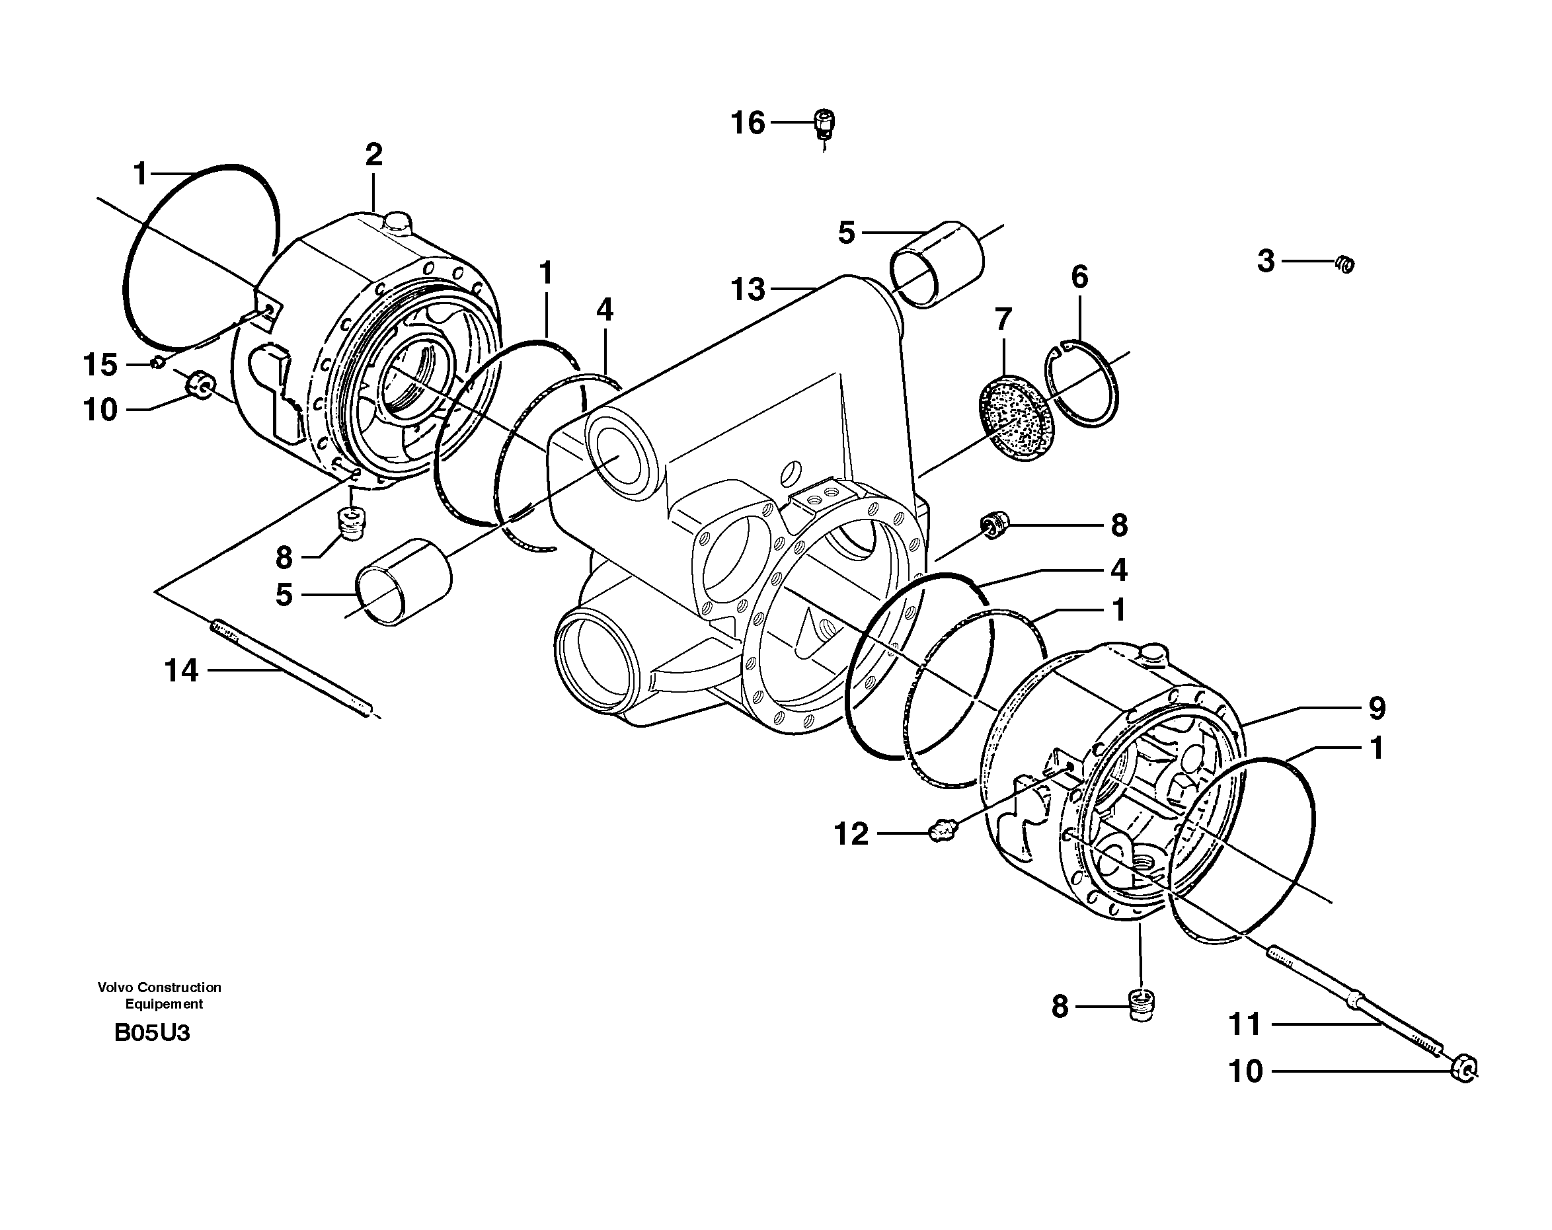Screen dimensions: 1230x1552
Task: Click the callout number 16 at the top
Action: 747,123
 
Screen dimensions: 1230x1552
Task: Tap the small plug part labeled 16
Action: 824,124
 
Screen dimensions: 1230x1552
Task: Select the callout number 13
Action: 747,289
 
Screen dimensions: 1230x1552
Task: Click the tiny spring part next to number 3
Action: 1344,264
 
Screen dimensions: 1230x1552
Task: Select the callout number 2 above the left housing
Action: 373,155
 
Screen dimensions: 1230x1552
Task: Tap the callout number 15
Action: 100,365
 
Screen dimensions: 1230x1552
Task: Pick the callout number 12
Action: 851,834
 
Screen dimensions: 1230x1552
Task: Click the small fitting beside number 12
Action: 941,832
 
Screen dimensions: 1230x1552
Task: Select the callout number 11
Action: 1245,1024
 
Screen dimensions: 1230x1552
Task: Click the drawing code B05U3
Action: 152,1034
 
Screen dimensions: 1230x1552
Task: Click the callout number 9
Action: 1376,709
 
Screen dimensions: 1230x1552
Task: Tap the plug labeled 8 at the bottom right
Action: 1141,1005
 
